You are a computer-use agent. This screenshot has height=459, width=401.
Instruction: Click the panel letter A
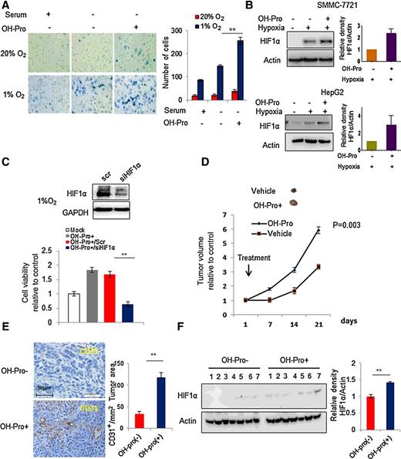[x=6, y=6]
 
